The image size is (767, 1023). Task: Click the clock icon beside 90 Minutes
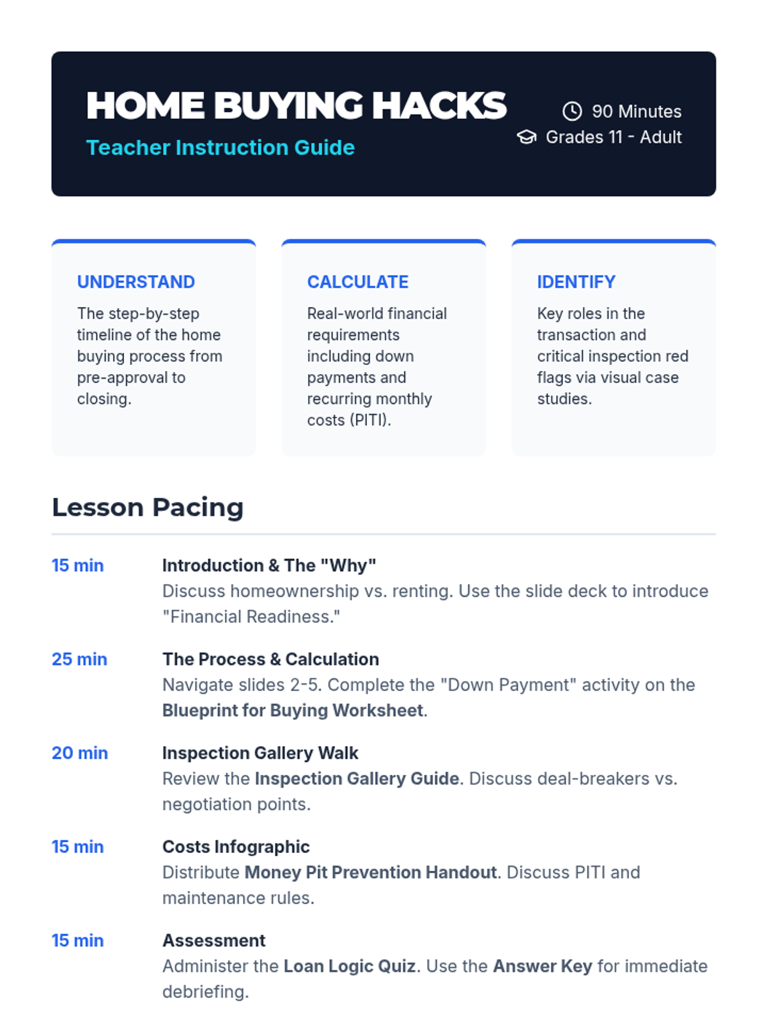pos(572,111)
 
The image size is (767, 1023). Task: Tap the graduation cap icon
pos(527,137)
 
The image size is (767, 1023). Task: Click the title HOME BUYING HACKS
pos(296,105)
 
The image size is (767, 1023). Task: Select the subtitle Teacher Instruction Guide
pos(221,148)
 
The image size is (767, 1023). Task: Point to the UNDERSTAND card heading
pos(136,282)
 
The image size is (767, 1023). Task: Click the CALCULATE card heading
pos(358,282)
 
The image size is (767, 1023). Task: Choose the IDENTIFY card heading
pos(576,282)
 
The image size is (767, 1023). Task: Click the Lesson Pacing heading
pos(148,507)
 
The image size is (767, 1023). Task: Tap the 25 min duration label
pos(80,659)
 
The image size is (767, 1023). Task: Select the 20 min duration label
pos(80,753)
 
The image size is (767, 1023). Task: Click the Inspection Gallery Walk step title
pos(260,753)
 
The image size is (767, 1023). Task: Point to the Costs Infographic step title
pos(236,847)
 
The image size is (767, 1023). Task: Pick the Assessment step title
pos(214,941)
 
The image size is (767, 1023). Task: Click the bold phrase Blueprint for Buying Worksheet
pos(293,711)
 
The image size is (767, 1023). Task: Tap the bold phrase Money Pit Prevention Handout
pos(371,873)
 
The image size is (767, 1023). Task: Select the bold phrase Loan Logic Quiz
pos(350,966)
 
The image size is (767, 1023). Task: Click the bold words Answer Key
pos(543,966)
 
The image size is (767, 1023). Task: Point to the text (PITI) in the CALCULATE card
pos(371,420)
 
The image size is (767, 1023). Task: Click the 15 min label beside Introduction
pos(78,566)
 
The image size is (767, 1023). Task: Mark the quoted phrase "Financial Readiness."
pos(251,616)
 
